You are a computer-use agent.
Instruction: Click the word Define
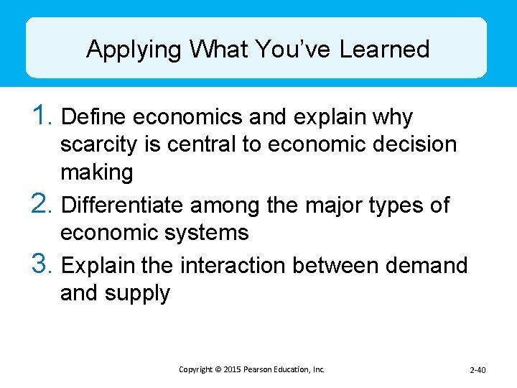96,116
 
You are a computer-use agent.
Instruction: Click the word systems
206,233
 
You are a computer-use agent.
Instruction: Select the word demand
427,265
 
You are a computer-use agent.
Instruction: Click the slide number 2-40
478,370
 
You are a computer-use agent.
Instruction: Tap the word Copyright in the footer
195,369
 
